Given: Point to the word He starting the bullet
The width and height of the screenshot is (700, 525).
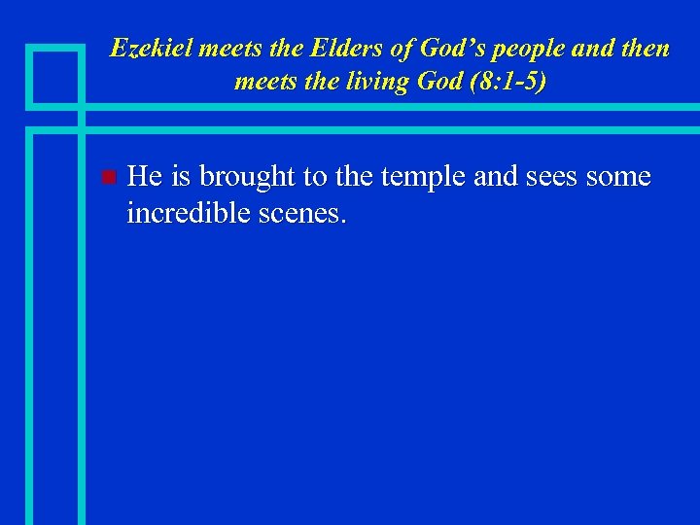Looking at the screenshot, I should (145, 176).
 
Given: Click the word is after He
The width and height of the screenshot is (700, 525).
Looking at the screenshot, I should (183, 176).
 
